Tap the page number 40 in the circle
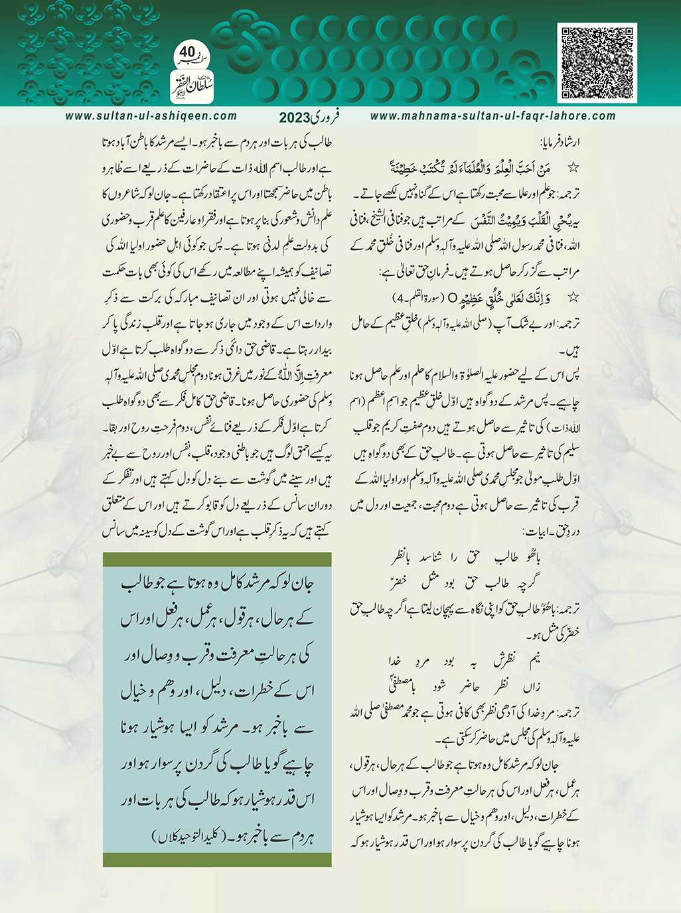point(187,51)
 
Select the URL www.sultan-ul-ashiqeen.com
point(151,116)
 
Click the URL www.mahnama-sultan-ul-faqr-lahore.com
point(492,116)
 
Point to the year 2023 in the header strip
point(295,117)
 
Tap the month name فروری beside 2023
point(325,116)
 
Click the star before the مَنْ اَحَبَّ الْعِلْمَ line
point(574,163)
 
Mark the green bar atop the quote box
point(217,559)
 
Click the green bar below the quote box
point(217,860)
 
